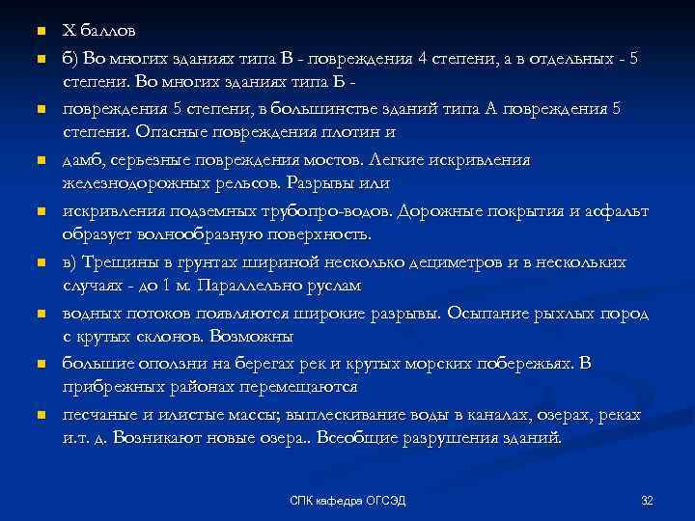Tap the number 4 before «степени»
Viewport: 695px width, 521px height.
pos(424,59)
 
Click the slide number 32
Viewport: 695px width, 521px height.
pos(647,499)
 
